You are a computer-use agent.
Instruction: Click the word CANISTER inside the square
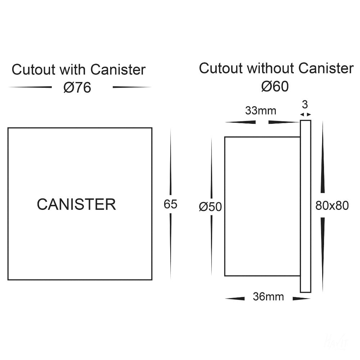click(76, 204)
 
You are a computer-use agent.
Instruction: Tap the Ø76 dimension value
click(77, 88)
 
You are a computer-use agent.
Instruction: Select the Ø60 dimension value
click(275, 87)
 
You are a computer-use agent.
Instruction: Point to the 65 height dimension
click(171, 204)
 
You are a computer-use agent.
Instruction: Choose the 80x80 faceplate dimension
click(332, 206)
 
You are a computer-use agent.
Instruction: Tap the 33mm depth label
click(261, 111)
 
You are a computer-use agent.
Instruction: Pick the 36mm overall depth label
click(268, 297)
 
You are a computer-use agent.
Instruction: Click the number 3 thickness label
click(305, 105)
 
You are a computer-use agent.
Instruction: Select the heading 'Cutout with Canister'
click(78, 69)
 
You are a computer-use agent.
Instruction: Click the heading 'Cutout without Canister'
click(276, 68)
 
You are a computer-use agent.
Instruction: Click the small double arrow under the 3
click(305, 114)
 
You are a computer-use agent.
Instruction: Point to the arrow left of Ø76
click(30, 87)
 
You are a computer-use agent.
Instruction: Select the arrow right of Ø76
click(131, 87)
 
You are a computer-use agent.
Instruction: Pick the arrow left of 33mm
click(240, 122)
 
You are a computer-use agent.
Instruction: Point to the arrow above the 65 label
click(171, 162)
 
